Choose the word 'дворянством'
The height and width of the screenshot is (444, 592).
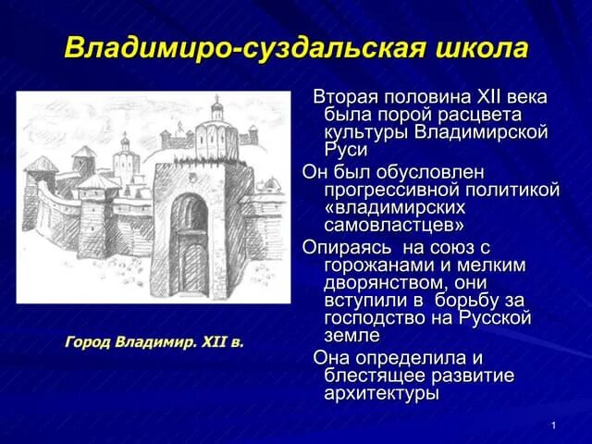tap(389, 283)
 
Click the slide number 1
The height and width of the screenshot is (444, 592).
tap(551, 425)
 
